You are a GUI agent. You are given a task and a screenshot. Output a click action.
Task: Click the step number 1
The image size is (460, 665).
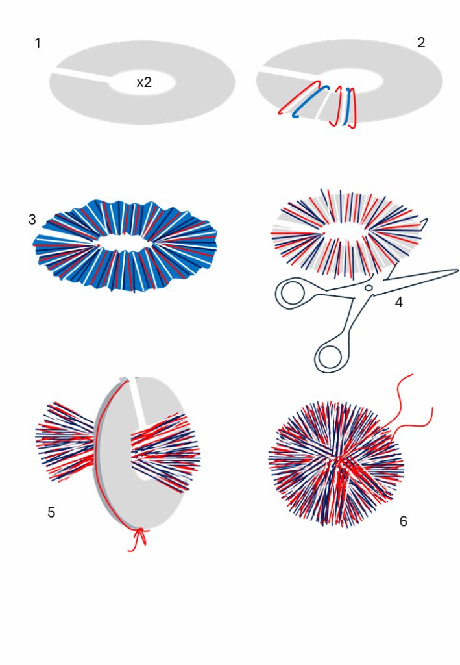coord(38,44)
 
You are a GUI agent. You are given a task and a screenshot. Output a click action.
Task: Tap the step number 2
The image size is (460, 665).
coord(420,42)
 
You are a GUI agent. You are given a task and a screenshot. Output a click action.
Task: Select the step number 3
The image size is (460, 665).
coord(32,220)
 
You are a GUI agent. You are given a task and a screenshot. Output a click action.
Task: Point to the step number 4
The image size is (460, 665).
coord(398,302)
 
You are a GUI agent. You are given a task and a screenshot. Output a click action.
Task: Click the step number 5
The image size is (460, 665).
coord(51,512)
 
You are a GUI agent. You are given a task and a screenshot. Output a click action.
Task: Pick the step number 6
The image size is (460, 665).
coord(404,521)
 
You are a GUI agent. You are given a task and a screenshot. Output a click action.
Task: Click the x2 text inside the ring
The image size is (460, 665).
coord(144,82)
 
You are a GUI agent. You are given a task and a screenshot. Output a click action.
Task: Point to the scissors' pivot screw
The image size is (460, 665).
coord(369,288)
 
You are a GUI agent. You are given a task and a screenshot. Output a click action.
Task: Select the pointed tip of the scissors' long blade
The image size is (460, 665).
coord(458,270)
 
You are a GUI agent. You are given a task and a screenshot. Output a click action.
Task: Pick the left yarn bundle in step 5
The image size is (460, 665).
coord(66,442)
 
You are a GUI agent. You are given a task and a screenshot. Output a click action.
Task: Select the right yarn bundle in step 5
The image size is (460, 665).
coord(165,452)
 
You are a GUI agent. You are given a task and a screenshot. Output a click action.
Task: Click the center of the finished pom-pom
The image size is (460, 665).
coord(337,464)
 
